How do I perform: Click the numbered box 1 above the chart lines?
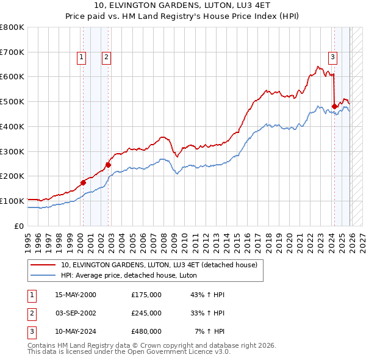82,57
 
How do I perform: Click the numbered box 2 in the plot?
106,57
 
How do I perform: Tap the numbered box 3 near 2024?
333,57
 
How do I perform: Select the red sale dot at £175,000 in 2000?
83,182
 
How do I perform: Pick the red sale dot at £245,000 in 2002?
108,164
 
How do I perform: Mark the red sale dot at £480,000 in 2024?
334,106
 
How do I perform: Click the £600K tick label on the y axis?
12,77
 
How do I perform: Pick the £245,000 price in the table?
146,313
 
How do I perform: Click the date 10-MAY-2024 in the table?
76,331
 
